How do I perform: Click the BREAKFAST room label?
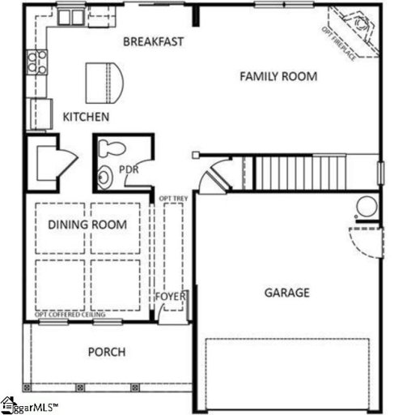click(154, 41)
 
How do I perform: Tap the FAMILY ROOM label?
click(278, 77)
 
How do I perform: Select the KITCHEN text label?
click(86, 118)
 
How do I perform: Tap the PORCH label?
click(107, 352)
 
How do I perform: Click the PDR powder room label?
click(129, 170)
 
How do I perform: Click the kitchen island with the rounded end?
click(105, 79)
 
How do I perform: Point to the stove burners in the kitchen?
click(36, 62)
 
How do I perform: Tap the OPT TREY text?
click(170, 198)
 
